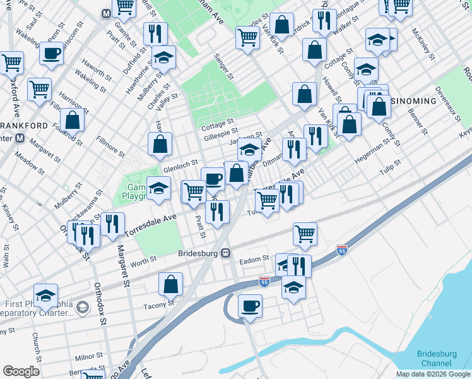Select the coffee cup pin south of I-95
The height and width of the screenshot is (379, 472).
250,306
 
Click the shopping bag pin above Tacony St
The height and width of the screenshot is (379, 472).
171,284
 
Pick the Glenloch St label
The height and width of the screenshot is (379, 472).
181,169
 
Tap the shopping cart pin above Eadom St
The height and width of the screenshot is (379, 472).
305,234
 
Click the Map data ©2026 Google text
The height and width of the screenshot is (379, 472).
433,374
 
